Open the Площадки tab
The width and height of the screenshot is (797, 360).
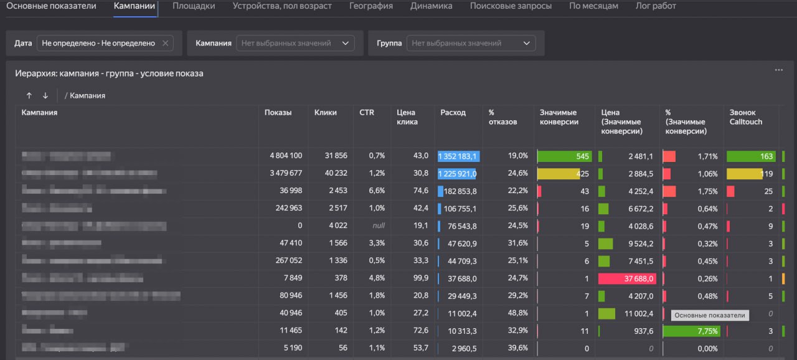point(194,6)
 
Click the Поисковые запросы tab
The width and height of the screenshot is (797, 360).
point(511,6)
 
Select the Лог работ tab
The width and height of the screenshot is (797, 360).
point(656,6)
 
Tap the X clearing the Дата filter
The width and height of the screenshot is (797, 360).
point(165,43)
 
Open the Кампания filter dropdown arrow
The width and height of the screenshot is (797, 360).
point(345,43)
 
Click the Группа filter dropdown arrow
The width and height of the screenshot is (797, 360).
point(527,43)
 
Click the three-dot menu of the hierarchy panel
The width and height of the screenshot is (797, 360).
point(778,70)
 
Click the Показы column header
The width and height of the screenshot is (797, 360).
point(278,113)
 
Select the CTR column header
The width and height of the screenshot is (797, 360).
point(367,113)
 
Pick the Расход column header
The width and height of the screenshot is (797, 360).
point(453,113)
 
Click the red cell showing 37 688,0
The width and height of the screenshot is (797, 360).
point(626,278)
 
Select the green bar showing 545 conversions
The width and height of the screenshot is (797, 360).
point(565,156)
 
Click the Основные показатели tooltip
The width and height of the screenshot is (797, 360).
point(709,316)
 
